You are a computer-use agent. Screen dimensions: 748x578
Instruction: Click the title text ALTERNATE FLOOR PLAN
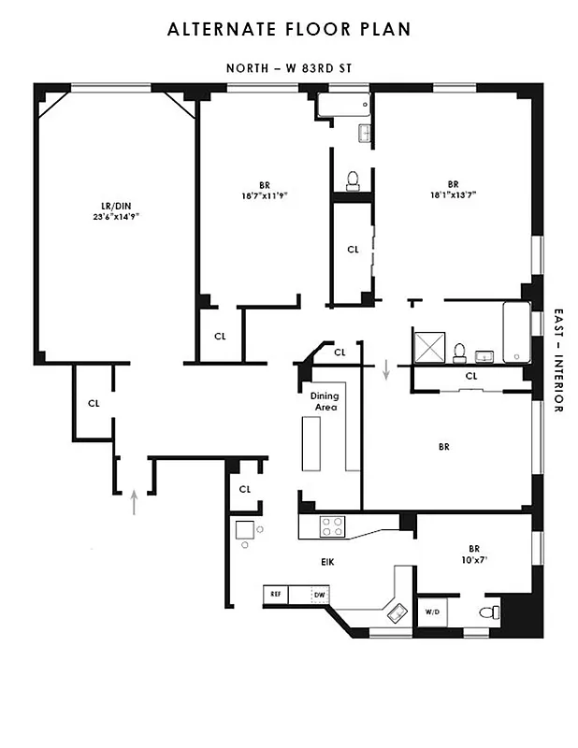click(x=288, y=30)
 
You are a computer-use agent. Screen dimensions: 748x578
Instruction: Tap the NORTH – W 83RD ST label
click(x=288, y=68)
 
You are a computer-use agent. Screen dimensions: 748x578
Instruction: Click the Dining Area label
click(x=325, y=401)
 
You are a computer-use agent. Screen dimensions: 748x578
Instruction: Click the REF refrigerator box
click(x=276, y=594)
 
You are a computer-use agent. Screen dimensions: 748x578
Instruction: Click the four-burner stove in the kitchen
click(x=332, y=526)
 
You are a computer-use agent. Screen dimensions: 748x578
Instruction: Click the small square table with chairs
click(x=245, y=531)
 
